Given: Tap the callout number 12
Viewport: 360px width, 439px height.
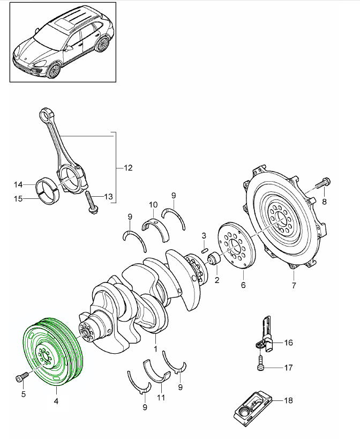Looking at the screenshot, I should click(x=127, y=168).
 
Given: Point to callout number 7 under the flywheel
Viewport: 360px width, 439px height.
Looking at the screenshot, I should click(x=293, y=285).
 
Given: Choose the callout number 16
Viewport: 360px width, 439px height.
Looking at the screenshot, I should click(x=288, y=342).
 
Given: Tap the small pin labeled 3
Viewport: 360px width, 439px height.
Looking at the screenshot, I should click(x=204, y=248).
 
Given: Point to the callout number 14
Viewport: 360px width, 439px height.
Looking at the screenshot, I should click(x=18, y=184).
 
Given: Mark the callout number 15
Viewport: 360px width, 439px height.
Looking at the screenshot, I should click(x=18, y=199).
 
